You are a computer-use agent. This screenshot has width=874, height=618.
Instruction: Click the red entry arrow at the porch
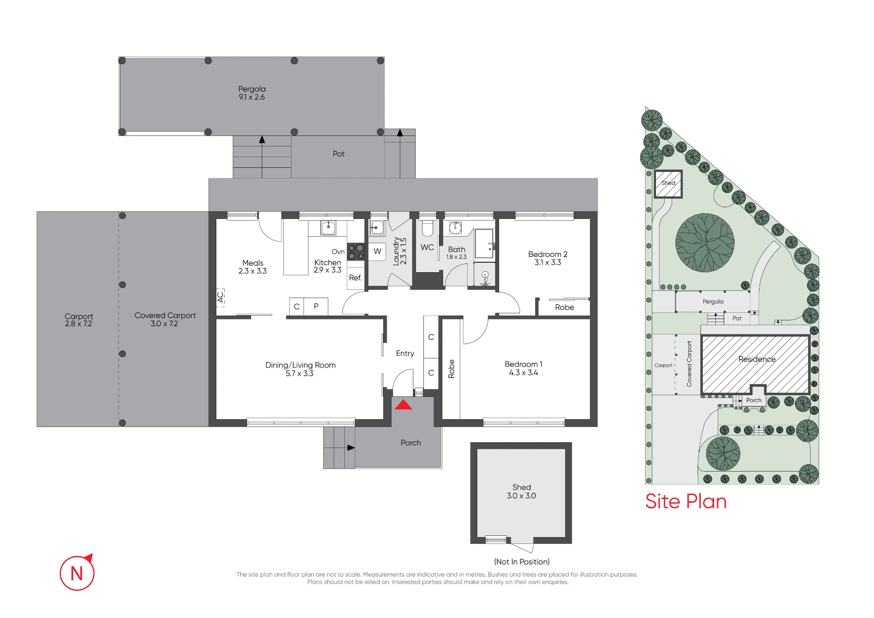click(x=403, y=405)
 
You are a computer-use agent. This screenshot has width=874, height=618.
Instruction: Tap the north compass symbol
click(x=77, y=573)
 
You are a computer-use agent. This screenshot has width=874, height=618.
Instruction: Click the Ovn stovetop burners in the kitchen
click(x=356, y=252)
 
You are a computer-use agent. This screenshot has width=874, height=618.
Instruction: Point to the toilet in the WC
click(x=427, y=228)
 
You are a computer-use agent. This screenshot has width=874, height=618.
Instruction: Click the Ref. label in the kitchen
click(x=355, y=278)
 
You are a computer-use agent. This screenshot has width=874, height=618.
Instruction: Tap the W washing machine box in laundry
click(x=377, y=251)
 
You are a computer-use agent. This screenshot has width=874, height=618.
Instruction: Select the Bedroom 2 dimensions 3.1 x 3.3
click(x=548, y=262)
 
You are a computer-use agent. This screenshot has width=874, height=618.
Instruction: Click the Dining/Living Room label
click(x=300, y=365)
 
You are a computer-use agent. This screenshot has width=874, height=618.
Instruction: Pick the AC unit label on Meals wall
click(x=220, y=297)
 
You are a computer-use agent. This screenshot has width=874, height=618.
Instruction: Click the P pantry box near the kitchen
click(x=316, y=306)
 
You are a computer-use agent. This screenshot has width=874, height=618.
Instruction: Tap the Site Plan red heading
click(x=686, y=501)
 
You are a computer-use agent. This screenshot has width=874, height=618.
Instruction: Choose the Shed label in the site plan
click(x=668, y=183)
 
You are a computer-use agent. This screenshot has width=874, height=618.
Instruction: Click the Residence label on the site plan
click(x=757, y=359)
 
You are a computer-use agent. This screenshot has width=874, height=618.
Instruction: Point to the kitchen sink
click(x=328, y=228)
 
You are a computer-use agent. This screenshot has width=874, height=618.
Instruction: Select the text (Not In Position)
click(x=522, y=562)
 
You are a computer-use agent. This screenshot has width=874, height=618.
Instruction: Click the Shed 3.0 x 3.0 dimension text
click(x=521, y=496)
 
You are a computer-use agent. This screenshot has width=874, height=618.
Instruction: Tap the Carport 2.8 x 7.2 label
click(x=79, y=319)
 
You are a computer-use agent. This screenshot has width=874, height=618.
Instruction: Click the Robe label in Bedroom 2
click(x=565, y=307)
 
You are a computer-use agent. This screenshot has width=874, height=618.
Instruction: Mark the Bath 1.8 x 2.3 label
click(x=457, y=253)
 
